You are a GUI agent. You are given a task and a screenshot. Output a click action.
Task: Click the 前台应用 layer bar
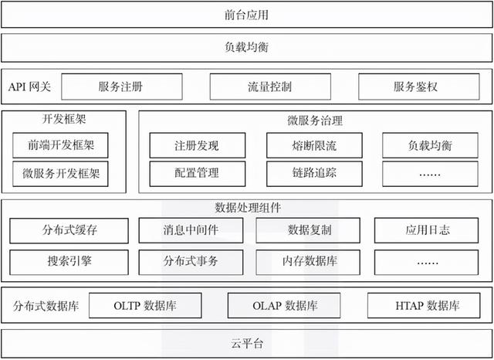pyautogui.click(x=247, y=15)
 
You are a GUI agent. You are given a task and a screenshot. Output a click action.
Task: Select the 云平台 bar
pyautogui.click(x=247, y=342)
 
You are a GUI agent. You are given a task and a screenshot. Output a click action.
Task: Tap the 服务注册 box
pyautogui.click(x=121, y=87)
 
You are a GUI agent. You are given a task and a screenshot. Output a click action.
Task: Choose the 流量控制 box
pyautogui.click(x=270, y=87)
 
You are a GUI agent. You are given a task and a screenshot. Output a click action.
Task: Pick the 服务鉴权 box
pyautogui.click(x=416, y=87)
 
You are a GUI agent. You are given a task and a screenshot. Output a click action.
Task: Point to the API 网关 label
pyautogui.click(x=30, y=87)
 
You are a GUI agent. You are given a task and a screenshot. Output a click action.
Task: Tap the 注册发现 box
pyautogui.click(x=196, y=145)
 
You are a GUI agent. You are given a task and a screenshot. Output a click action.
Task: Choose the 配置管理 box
pyautogui.click(x=196, y=174)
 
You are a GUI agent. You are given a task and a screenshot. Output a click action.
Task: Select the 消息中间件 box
pyautogui.click(x=191, y=230)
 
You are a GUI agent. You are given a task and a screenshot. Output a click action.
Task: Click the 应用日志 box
pyautogui.click(x=428, y=230)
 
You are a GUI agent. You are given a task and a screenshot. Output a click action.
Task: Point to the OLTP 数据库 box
pyautogui.click(x=145, y=305)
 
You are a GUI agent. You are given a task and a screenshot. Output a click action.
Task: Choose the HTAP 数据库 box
pyautogui.click(x=428, y=305)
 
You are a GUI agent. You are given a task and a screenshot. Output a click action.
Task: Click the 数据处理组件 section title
pyautogui.click(x=247, y=207)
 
